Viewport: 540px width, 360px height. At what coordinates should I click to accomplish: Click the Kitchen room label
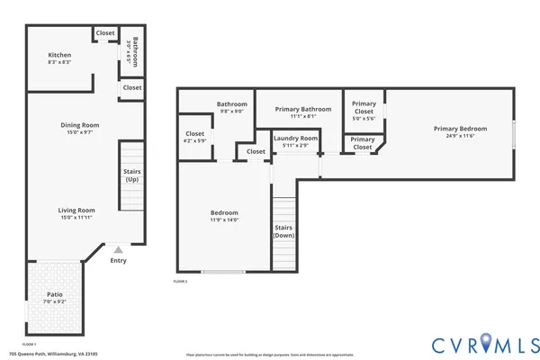point(59,55)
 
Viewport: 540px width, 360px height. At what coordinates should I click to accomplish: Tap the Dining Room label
point(79,125)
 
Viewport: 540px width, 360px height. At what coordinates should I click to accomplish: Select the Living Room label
point(77,210)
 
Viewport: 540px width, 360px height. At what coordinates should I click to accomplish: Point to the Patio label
point(55,293)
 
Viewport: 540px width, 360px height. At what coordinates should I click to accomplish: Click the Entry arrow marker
point(117,250)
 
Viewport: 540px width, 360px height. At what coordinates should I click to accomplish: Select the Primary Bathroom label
point(298,109)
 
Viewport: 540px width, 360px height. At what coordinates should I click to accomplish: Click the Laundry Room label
point(296,139)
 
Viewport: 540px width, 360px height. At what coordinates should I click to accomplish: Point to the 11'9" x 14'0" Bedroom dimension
point(224,220)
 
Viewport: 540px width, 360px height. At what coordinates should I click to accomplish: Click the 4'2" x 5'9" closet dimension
point(194,140)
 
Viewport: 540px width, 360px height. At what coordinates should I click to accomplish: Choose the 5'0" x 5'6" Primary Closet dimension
point(364,118)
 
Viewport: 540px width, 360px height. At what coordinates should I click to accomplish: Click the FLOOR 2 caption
point(180,282)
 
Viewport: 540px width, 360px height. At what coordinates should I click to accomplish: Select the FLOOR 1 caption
point(29,345)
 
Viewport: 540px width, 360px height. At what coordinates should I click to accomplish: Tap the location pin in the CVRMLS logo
point(487,342)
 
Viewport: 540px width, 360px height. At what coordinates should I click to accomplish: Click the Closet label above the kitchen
point(105,33)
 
